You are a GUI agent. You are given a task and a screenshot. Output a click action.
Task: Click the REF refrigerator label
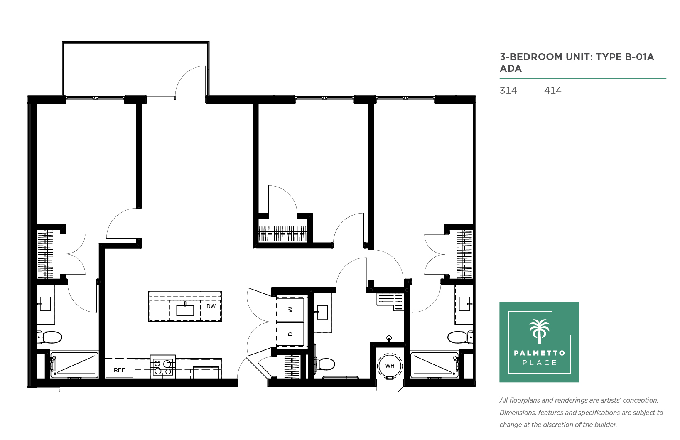(119, 370)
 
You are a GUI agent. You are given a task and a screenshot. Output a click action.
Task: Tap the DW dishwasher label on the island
(211, 306)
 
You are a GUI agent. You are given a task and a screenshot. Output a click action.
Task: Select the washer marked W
(290, 310)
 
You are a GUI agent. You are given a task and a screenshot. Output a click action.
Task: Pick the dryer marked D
(290, 334)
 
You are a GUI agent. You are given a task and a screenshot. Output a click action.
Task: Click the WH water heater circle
(390, 366)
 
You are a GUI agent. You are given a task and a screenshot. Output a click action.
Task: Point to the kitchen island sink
(185, 310)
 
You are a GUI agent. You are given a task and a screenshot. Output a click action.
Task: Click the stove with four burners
(163, 367)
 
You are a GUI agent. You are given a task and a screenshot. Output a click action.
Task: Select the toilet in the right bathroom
(460, 337)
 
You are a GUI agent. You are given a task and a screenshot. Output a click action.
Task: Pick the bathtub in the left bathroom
(74, 365)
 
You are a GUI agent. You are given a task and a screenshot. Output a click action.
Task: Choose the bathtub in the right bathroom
(435, 365)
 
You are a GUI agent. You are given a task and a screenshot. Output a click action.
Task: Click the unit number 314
(508, 91)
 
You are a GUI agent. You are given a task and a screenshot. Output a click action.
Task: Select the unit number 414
(553, 91)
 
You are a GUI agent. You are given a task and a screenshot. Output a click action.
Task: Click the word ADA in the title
(511, 69)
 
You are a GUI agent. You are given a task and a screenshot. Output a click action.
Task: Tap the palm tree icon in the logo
(539, 331)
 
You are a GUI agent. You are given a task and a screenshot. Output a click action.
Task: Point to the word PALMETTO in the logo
(539, 353)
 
